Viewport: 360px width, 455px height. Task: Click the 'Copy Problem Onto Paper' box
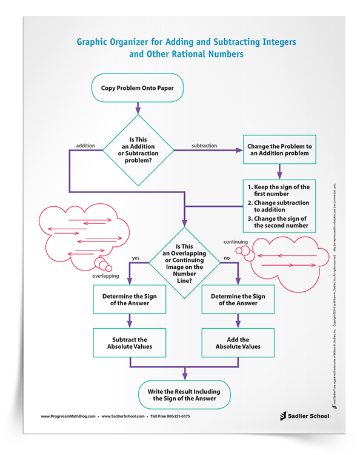138,89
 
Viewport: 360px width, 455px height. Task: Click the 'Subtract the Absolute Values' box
129,343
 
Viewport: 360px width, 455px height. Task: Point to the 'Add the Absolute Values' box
237,343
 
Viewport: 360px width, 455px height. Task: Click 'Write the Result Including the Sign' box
184,395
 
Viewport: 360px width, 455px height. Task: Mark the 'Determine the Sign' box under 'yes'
129,299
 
